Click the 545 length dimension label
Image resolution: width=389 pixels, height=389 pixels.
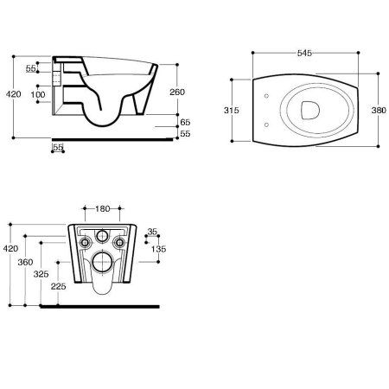pyautogui.click(x=304, y=53)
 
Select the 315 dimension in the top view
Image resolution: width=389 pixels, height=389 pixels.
pyautogui.click(x=232, y=110)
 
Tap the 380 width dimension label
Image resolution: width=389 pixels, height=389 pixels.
pyautogui.click(x=379, y=110)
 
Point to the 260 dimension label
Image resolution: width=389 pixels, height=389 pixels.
pyautogui.click(x=177, y=92)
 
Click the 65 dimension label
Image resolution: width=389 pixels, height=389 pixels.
pyautogui.click(x=185, y=122)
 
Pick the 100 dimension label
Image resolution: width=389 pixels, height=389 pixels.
pyautogui.click(x=38, y=94)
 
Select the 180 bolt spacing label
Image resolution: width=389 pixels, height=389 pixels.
pyautogui.click(x=103, y=208)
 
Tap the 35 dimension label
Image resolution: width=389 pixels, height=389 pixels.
pyautogui.click(x=152, y=232)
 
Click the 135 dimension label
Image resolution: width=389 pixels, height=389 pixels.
pyautogui.click(x=159, y=249)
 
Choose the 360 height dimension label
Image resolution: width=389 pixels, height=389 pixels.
pyautogui.click(x=25, y=262)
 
